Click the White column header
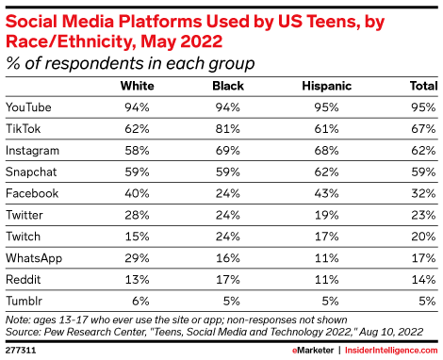click(139, 85)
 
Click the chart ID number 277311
click(21, 349)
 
